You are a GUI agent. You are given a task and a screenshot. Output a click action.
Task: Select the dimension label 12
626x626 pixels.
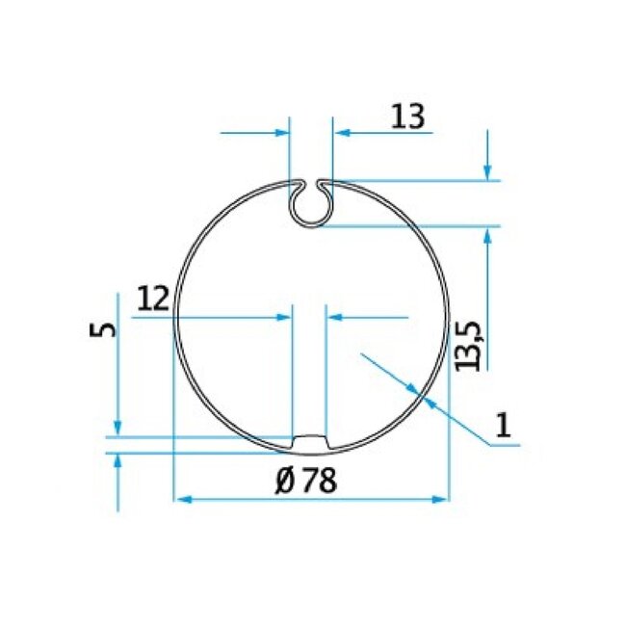(x=153, y=299)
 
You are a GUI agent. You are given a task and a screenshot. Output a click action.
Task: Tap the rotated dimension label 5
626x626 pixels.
(x=105, y=329)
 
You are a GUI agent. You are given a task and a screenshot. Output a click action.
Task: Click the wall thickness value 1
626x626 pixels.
(x=502, y=424)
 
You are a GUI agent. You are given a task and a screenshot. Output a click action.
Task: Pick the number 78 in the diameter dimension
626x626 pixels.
(x=317, y=482)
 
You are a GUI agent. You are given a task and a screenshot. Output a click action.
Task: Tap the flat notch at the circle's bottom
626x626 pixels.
(x=309, y=442)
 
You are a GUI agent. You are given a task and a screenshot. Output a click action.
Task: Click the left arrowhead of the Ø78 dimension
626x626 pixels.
(x=182, y=499)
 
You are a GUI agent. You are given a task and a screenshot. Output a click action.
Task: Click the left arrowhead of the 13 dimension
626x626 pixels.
(x=282, y=132)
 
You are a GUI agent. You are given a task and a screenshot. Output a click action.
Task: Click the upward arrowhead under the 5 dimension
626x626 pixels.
(x=117, y=460)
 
